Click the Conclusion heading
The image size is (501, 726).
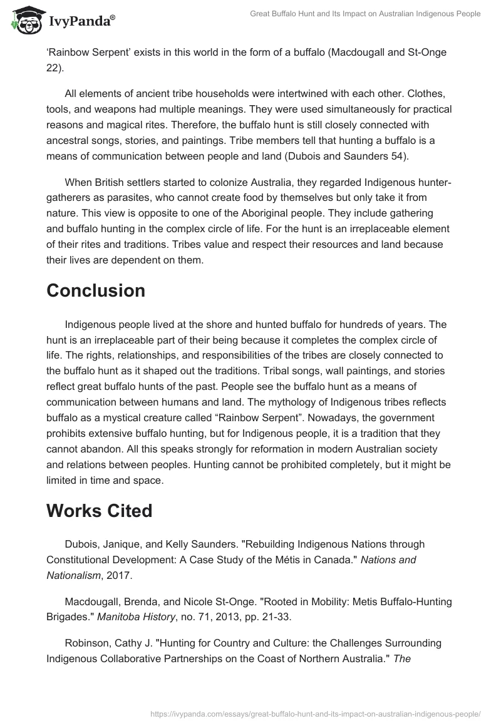(x=96, y=290)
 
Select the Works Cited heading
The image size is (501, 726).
(x=99, y=511)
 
